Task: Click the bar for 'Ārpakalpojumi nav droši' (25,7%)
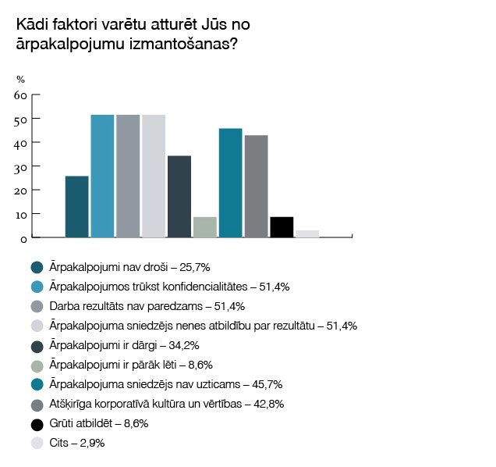point(76,207)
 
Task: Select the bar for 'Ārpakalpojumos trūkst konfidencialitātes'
point(102,176)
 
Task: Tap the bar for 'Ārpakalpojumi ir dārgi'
point(179,197)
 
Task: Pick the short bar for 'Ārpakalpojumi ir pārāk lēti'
point(204,227)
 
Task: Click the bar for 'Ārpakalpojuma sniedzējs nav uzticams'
point(230,183)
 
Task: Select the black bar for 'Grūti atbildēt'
point(282,227)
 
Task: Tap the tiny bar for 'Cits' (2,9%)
point(307,233)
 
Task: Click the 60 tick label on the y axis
point(21,95)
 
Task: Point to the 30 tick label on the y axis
point(21,166)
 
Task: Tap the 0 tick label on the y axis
point(24,237)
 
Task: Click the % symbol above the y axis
point(20,79)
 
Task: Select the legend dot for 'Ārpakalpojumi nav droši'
point(36,268)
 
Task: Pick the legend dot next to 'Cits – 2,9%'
point(36,443)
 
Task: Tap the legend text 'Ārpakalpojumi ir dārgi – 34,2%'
point(132,345)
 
